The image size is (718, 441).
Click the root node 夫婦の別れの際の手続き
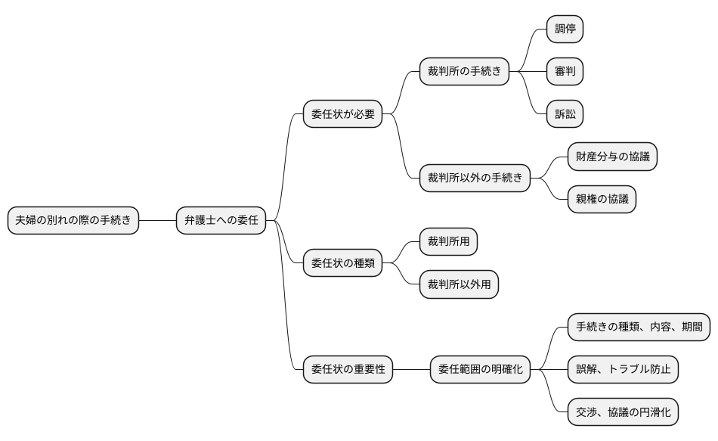click(x=73, y=221)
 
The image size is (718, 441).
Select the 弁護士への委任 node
click(x=221, y=221)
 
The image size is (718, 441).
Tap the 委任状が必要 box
click(x=342, y=115)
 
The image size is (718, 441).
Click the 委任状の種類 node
click(x=342, y=264)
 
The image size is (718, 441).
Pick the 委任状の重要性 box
click(x=348, y=370)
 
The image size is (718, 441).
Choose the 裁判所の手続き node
click(x=464, y=73)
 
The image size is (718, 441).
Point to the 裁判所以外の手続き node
click(x=475, y=179)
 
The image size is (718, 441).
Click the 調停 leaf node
click(x=565, y=30)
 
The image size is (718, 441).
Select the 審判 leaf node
click(x=565, y=73)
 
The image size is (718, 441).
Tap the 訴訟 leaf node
click(x=565, y=115)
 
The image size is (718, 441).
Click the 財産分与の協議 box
click(x=612, y=157)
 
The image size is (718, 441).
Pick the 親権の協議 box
click(x=602, y=200)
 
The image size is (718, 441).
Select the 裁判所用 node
click(x=449, y=242)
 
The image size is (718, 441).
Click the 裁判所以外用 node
click(x=460, y=284)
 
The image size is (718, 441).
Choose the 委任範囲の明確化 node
click(x=480, y=370)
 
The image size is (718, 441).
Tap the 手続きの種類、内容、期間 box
click(x=639, y=328)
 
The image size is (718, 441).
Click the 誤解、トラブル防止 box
click(x=623, y=370)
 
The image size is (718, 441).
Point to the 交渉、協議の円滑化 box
click(x=623, y=412)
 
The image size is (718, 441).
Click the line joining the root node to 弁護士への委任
click(x=157, y=221)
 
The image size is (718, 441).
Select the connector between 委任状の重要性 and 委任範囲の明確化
click(x=411, y=370)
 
